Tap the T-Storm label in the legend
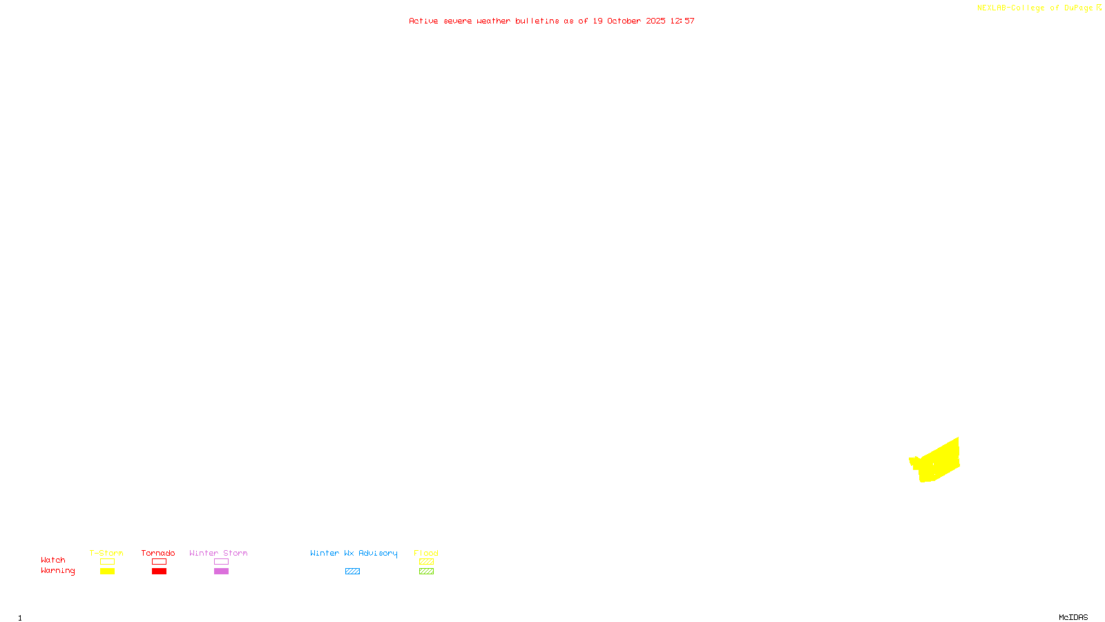(x=106, y=553)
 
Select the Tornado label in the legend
(x=158, y=553)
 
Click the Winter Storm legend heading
(x=218, y=553)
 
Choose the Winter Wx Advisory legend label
(x=354, y=553)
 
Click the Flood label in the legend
(x=426, y=553)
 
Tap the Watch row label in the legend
(x=53, y=560)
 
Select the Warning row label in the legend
(x=57, y=571)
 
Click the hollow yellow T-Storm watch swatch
(x=107, y=562)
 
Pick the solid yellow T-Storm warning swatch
(x=107, y=572)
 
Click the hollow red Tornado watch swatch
(x=159, y=562)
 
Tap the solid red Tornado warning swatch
(x=159, y=572)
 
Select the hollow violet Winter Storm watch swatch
(x=221, y=562)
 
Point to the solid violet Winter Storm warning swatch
(x=221, y=572)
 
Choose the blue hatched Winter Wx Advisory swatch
(x=352, y=572)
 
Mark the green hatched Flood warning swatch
(x=426, y=572)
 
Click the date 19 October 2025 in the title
(x=629, y=21)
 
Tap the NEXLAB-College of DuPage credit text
(x=1035, y=8)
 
